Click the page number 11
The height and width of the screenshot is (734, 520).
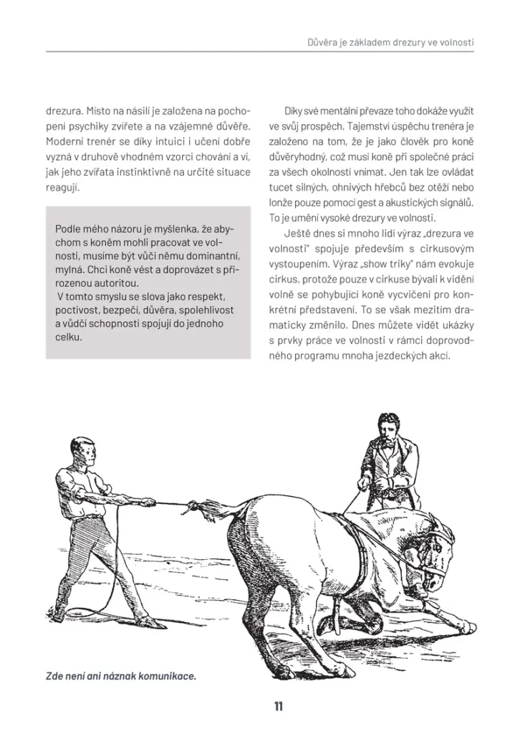(278, 707)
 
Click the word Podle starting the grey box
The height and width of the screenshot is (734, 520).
(69, 229)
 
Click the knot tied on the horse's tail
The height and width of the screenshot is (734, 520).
(193, 508)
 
